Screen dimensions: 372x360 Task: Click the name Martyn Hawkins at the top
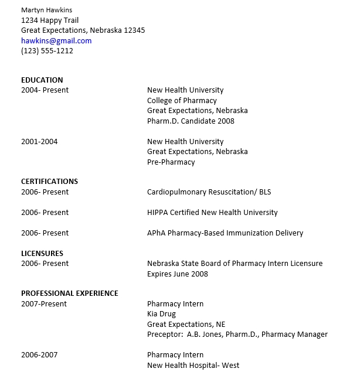tap(47, 10)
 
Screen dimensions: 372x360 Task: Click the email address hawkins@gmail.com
tap(56, 40)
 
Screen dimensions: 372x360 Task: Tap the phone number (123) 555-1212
tap(47, 51)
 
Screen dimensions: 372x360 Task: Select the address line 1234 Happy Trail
tap(50, 20)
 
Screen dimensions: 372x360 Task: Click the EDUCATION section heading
tap(42, 80)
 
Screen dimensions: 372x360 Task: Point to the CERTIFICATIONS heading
tap(49, 182)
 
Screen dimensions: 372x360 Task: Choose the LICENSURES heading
tap(42, 253)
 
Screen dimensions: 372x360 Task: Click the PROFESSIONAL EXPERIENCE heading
tap(69, 293)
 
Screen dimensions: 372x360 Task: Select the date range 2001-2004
tap(39, 141)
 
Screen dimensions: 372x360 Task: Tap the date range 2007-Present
tap(44, 304)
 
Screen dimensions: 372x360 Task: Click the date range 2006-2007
tap(39, 354)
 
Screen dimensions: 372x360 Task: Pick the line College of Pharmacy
tap(182, 100)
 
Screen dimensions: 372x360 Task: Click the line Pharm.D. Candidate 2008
tap(191, 121)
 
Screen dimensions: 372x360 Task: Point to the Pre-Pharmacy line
tap(171, 162)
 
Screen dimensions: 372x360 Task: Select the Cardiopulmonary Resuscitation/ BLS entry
tap(209, 192)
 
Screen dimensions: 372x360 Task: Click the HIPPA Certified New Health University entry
tap(212, 212)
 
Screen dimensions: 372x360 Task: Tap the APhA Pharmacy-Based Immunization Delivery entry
tap(225, 233)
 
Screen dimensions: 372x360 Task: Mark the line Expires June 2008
tap(177, 274)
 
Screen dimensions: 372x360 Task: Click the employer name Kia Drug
tap(161, 314)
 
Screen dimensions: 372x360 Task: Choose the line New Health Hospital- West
tap(193, 365)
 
